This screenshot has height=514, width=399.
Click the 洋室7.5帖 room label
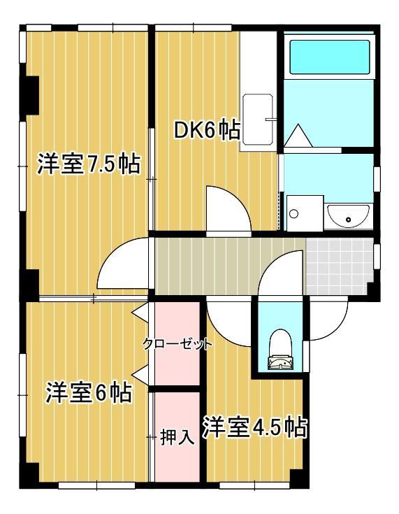(88, 165)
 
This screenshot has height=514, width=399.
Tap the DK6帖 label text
(207, 130)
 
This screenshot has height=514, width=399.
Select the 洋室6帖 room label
(88, 392)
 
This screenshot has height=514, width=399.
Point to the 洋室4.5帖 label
(255, 427)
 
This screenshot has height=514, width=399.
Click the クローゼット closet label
(177, 344)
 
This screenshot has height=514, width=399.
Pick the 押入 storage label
(177, 438)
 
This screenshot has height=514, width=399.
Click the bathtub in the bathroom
(328, 57)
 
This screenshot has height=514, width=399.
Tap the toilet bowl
(280, 347)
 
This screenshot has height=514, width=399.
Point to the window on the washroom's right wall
(376, 178)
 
